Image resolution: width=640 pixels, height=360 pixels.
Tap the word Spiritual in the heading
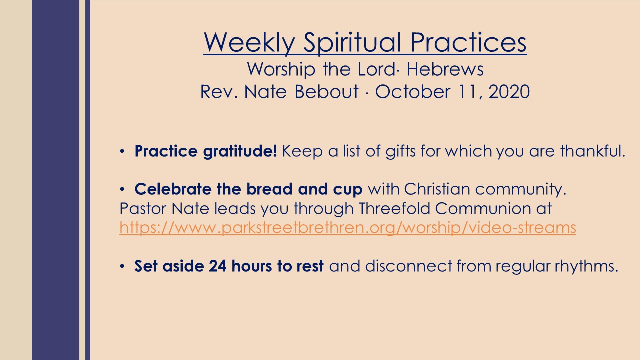tap(352, 42)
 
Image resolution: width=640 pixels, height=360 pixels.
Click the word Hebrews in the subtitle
tap(445, 69)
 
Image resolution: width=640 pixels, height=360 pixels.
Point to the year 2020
tap(509, 91)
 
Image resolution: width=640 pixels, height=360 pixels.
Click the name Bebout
tap(326, 91)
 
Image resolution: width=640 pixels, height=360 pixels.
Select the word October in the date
tap(412, 91)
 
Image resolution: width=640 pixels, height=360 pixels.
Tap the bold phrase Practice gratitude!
tap(205, 151)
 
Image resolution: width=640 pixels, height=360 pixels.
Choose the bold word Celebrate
tap(173, 189)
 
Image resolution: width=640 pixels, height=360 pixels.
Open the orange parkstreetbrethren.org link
tap(348, 228)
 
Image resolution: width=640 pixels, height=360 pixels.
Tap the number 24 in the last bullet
tap(217, 266)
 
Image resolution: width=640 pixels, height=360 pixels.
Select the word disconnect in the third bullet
tap(409, 266)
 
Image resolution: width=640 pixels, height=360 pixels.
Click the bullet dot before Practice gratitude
tap(122, 151)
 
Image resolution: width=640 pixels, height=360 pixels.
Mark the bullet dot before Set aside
tap(122, 266)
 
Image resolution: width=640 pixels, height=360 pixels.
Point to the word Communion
tap(483, 208)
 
